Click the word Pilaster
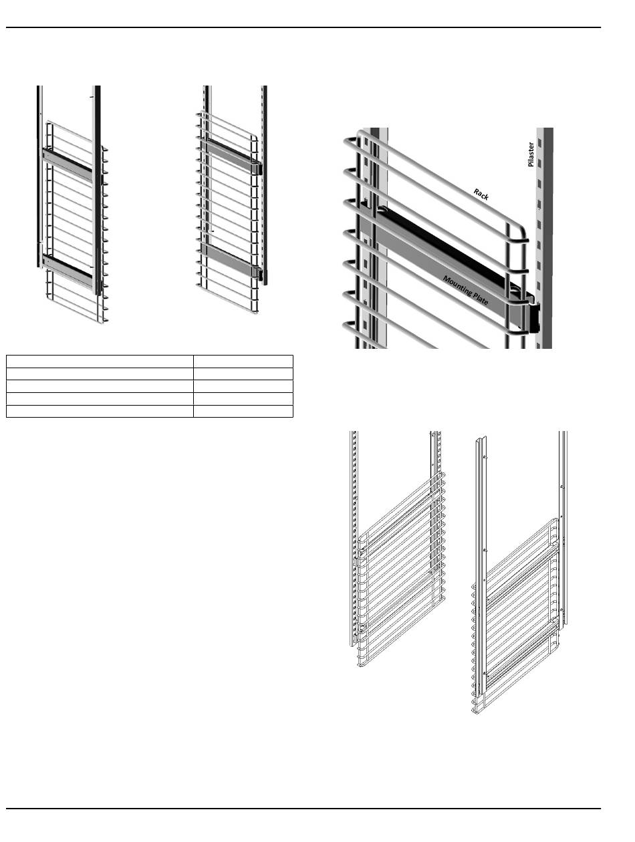[531, 154]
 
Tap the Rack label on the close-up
[481, 194]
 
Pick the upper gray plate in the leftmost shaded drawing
[67, 161]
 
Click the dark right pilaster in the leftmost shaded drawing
[98, 187]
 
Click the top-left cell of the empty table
[100, 362]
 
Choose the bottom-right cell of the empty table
[243, 411]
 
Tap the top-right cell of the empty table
[243, 362]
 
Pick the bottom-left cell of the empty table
[100, 411]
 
